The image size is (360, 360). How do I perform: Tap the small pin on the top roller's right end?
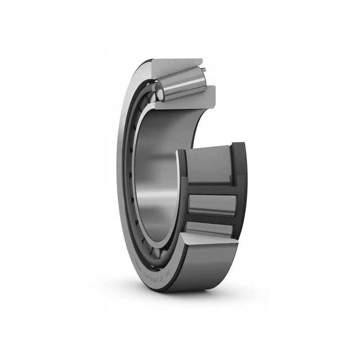click(x=204, y=70)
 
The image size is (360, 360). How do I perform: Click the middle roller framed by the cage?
click(x=211, y=205)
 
